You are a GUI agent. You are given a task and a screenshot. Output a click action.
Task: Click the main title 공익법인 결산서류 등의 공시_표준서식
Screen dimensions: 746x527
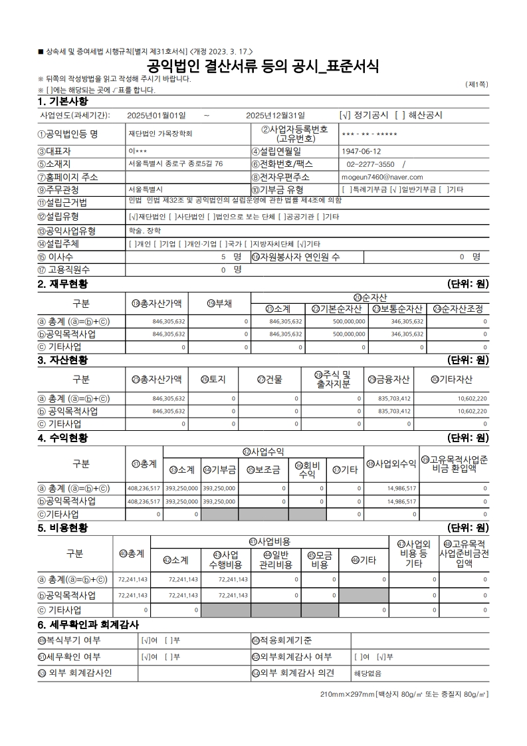(263, 66)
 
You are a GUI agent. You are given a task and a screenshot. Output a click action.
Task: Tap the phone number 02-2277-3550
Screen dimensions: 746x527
(371, 164)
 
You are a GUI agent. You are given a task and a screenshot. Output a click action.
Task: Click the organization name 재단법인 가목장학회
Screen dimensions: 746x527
(160, 133)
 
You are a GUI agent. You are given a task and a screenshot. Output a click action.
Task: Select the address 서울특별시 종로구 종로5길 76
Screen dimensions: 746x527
(175, 164)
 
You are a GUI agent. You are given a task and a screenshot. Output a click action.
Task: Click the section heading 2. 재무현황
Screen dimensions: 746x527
(63, 284)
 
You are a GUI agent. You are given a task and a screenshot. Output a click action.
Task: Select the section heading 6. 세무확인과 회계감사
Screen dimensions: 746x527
(88, 625)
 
